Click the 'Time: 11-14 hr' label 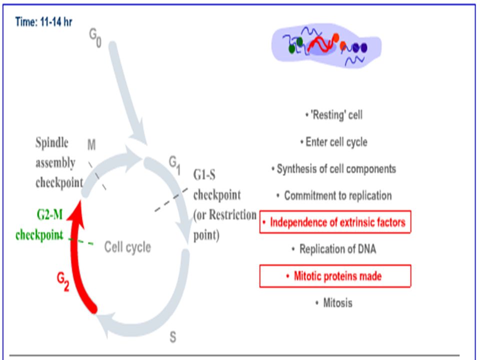click(x=43, y=22)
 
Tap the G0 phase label click(x=95, y=37)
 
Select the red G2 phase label click(x=63, y=281)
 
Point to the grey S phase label click(x=173, y=337)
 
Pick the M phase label click(x=91, y=144)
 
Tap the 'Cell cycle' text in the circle click(x=127, y=246)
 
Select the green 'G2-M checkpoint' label click(x=39, y=224)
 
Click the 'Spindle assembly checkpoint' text click(x=59, y=162)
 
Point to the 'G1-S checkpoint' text click(x=216, y=184)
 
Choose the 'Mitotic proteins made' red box click(x=335, y=276)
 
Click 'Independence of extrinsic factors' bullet click(x=335, y=222)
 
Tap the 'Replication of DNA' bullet click(x=334, y=249)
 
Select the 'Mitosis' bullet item click(x=334, y=303)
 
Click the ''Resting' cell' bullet click(x=334, y=115)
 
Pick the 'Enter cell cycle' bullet click(x=334, y=142)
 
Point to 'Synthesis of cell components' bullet click(x=334, y=168)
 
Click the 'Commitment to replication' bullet click(x=334, y=195)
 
